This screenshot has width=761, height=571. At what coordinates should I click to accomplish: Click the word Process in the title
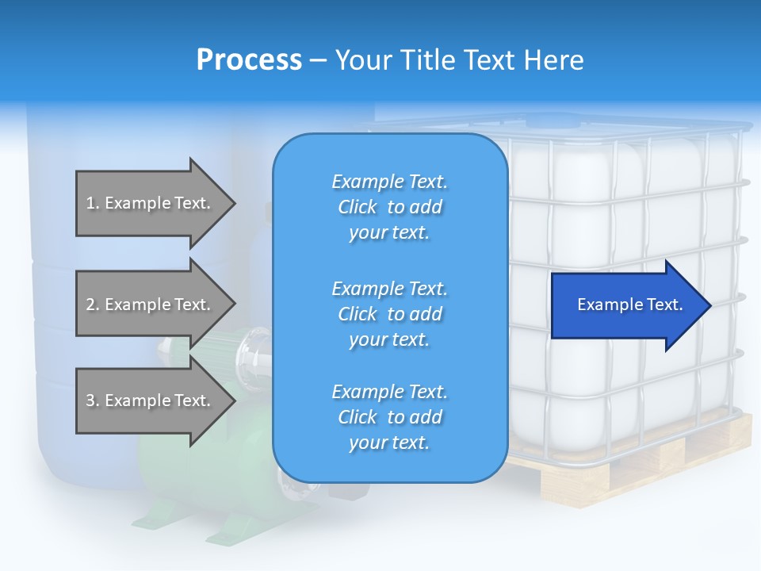(x=249, y=60)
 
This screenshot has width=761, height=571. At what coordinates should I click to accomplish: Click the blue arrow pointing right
(x=626, y=305)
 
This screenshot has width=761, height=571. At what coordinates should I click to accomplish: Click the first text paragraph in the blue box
(x=389, y=207)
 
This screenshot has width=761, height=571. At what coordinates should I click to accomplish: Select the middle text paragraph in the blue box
(x=389, y=314)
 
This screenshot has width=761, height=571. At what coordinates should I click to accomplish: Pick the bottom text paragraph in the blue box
(x=389, y=417)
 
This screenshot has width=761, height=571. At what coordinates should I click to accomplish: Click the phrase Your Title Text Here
(x=459, y=60)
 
